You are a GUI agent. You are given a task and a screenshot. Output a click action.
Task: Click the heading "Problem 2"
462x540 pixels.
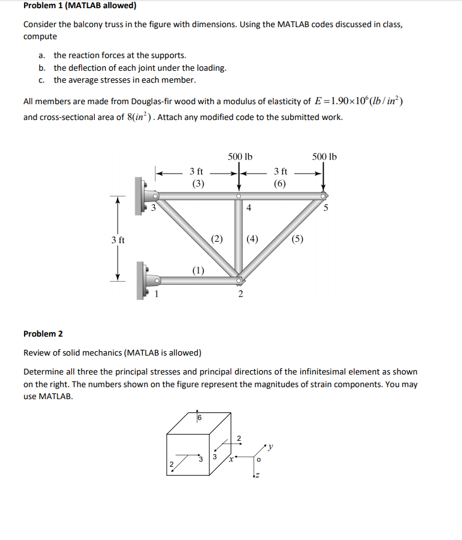(x=43, y=333)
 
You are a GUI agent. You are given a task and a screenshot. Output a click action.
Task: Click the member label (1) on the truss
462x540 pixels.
(x=198, y=270)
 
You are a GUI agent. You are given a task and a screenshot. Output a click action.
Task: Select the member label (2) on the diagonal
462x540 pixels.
(x=217, y=239)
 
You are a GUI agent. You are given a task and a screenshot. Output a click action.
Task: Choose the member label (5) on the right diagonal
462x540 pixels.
(x=298, y=239)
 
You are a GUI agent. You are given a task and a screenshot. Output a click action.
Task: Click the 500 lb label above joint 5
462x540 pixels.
(x=324, y=157)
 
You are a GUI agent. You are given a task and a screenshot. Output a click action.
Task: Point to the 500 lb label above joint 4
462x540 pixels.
(x=240, y=157)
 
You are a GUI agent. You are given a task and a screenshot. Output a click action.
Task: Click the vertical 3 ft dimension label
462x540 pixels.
(x=118, y=240)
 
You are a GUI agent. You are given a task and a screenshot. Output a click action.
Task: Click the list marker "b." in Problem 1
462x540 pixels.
(x=42, y=68)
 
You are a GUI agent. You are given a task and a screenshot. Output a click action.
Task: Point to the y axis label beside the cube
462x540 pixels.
(x=271, y=447)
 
